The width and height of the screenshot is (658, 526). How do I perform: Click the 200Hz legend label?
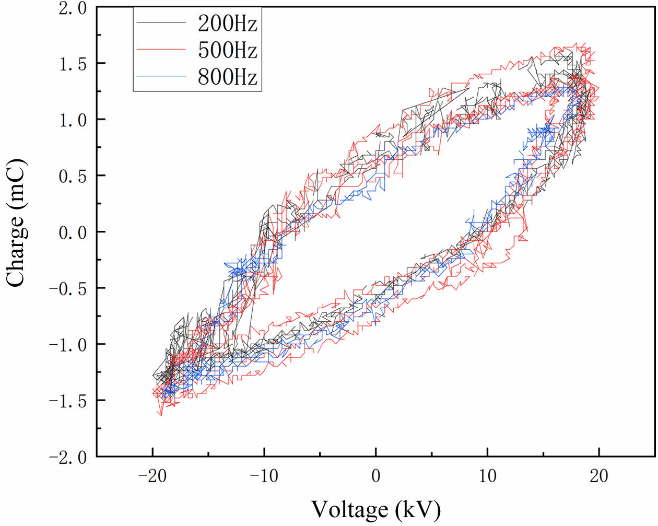(x=227, y=24)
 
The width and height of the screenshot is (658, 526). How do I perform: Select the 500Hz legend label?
(x=227, y=51)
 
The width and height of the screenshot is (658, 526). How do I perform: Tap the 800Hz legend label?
(x=227, y=77)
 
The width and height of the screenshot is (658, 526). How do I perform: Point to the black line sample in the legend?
(x=161, y=24)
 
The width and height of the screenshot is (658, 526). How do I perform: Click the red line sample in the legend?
(x=161, y=50)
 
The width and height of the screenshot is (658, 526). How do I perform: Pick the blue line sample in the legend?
(x=161, y=77)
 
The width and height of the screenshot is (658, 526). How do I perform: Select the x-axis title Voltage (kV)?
(x=376, y=509)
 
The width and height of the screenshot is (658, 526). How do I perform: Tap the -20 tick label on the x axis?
(x=152, y=476)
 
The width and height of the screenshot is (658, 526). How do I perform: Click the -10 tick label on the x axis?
(x=264, y=476)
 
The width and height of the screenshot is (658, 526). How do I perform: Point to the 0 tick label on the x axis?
(x=376, y=476)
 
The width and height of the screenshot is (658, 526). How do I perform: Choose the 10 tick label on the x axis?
(x=487, y=476)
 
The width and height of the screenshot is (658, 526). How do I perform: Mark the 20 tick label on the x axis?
(x=599, y=476)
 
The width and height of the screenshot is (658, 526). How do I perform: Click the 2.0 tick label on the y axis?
(x=73, y=9)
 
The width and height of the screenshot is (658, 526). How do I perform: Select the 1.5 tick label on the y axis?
(x=73, y=64)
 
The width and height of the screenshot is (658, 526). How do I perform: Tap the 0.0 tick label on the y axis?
(x=73, y=233)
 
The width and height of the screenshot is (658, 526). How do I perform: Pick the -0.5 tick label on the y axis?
(x=68, y=289)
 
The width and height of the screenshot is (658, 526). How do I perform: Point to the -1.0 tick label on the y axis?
(x=68, y=345)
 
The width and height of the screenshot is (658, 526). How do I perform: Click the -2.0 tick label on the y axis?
(x=68, y=458)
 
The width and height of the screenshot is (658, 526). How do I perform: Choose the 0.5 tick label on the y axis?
(x=73, y=177)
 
